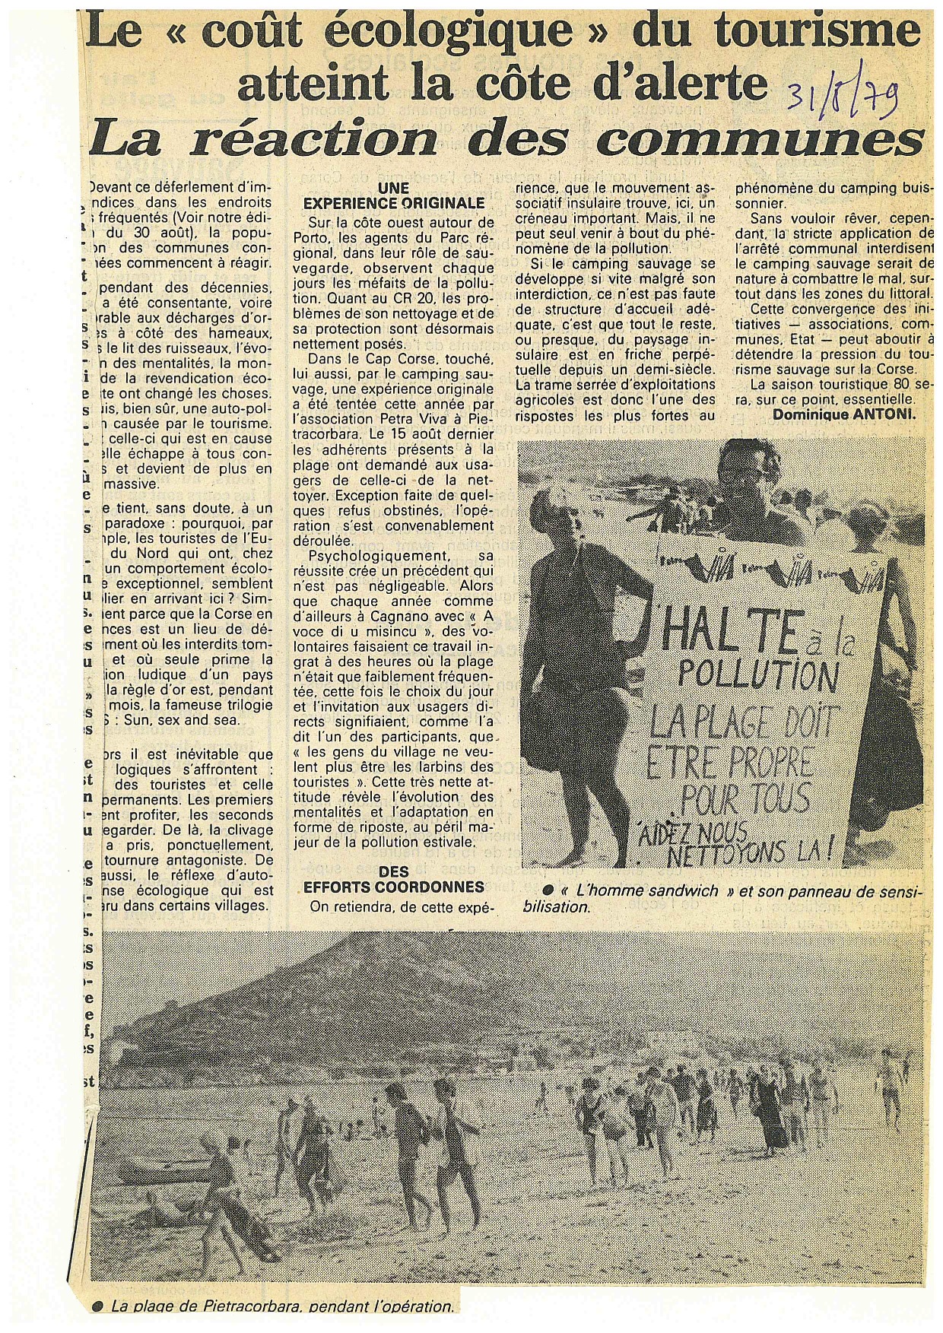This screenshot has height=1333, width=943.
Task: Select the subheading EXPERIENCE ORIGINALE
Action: click(x=394, y=204)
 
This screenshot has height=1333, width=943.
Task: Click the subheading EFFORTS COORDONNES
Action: click(x=394, y=887)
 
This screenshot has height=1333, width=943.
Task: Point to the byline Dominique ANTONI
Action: click(x=845, y=414)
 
